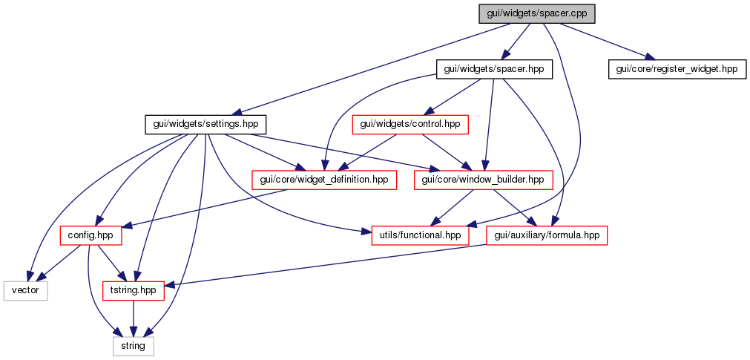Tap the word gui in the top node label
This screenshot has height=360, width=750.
click(493, 13)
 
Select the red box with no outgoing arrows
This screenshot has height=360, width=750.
click(420, 235)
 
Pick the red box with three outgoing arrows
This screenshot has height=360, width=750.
click(91, 235)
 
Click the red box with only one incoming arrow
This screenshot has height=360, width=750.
click(409, 125)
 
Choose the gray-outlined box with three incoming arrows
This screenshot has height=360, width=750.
click(134, 346)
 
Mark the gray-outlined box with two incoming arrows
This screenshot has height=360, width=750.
click(25, 291)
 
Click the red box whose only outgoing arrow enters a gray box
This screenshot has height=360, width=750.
click(133, 291)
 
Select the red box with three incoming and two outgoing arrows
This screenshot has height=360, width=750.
click(483, 180)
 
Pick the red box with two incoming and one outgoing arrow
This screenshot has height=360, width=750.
click(547, 235)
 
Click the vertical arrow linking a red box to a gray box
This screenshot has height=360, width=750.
click(133, 318)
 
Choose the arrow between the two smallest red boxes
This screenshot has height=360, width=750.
click(110, 263)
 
